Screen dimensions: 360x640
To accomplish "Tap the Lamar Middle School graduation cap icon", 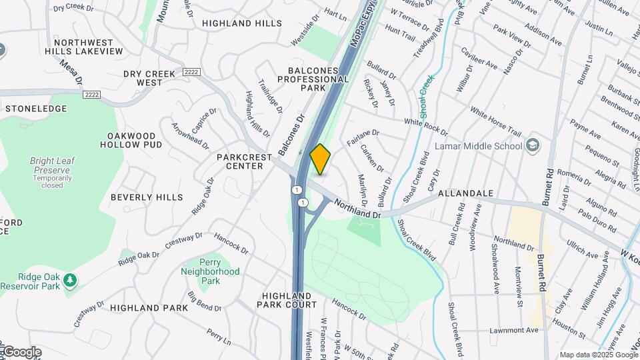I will [x=534, y=145].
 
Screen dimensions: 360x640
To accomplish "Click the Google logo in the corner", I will [x=21, y=352].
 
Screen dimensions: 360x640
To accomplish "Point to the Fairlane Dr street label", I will [x=362, y=137].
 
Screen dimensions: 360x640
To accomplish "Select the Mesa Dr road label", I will [x=71, y=73].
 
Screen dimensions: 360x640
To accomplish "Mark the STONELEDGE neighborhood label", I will [x=36, y=108].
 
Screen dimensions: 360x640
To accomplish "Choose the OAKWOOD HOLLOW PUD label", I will [x=135, y=140].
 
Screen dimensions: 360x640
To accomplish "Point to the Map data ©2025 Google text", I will [x=597, y=355].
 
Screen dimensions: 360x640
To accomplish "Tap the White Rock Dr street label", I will [x=426, y=123].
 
